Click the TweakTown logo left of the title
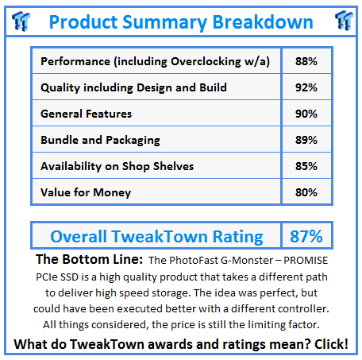(21, 21)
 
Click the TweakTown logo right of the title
(344, 21)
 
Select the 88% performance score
(306, 61)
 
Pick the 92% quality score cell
(306, 87)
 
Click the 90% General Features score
(306, 114)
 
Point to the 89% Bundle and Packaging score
(306, 140)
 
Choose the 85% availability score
(306, 166)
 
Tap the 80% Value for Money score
(306, 192)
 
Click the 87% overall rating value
(306, 236)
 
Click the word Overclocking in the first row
(206, 62)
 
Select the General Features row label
(86, 114)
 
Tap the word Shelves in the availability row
(173, 166)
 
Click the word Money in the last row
(112, 193)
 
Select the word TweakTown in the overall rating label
(160, 236)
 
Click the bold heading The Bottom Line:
(90, 259)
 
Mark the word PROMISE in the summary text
(306, 261)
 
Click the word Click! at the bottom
(331, 344)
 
